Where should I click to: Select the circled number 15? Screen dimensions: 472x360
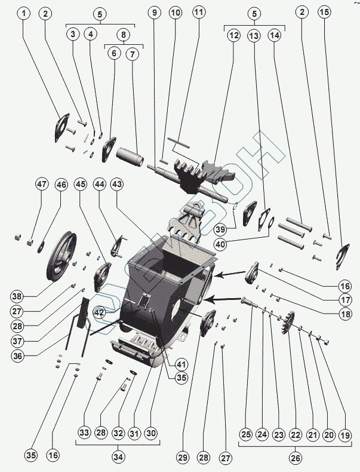point(324,12)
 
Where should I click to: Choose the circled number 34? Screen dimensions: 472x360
point(118,457)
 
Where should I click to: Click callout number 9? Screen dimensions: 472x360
point(155,12)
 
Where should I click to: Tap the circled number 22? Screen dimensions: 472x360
point(295,436)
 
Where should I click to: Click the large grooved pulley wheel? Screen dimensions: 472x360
point(61,258)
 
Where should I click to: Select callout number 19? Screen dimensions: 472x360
point(344,436)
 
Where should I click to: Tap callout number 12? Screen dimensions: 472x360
point(233,36)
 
